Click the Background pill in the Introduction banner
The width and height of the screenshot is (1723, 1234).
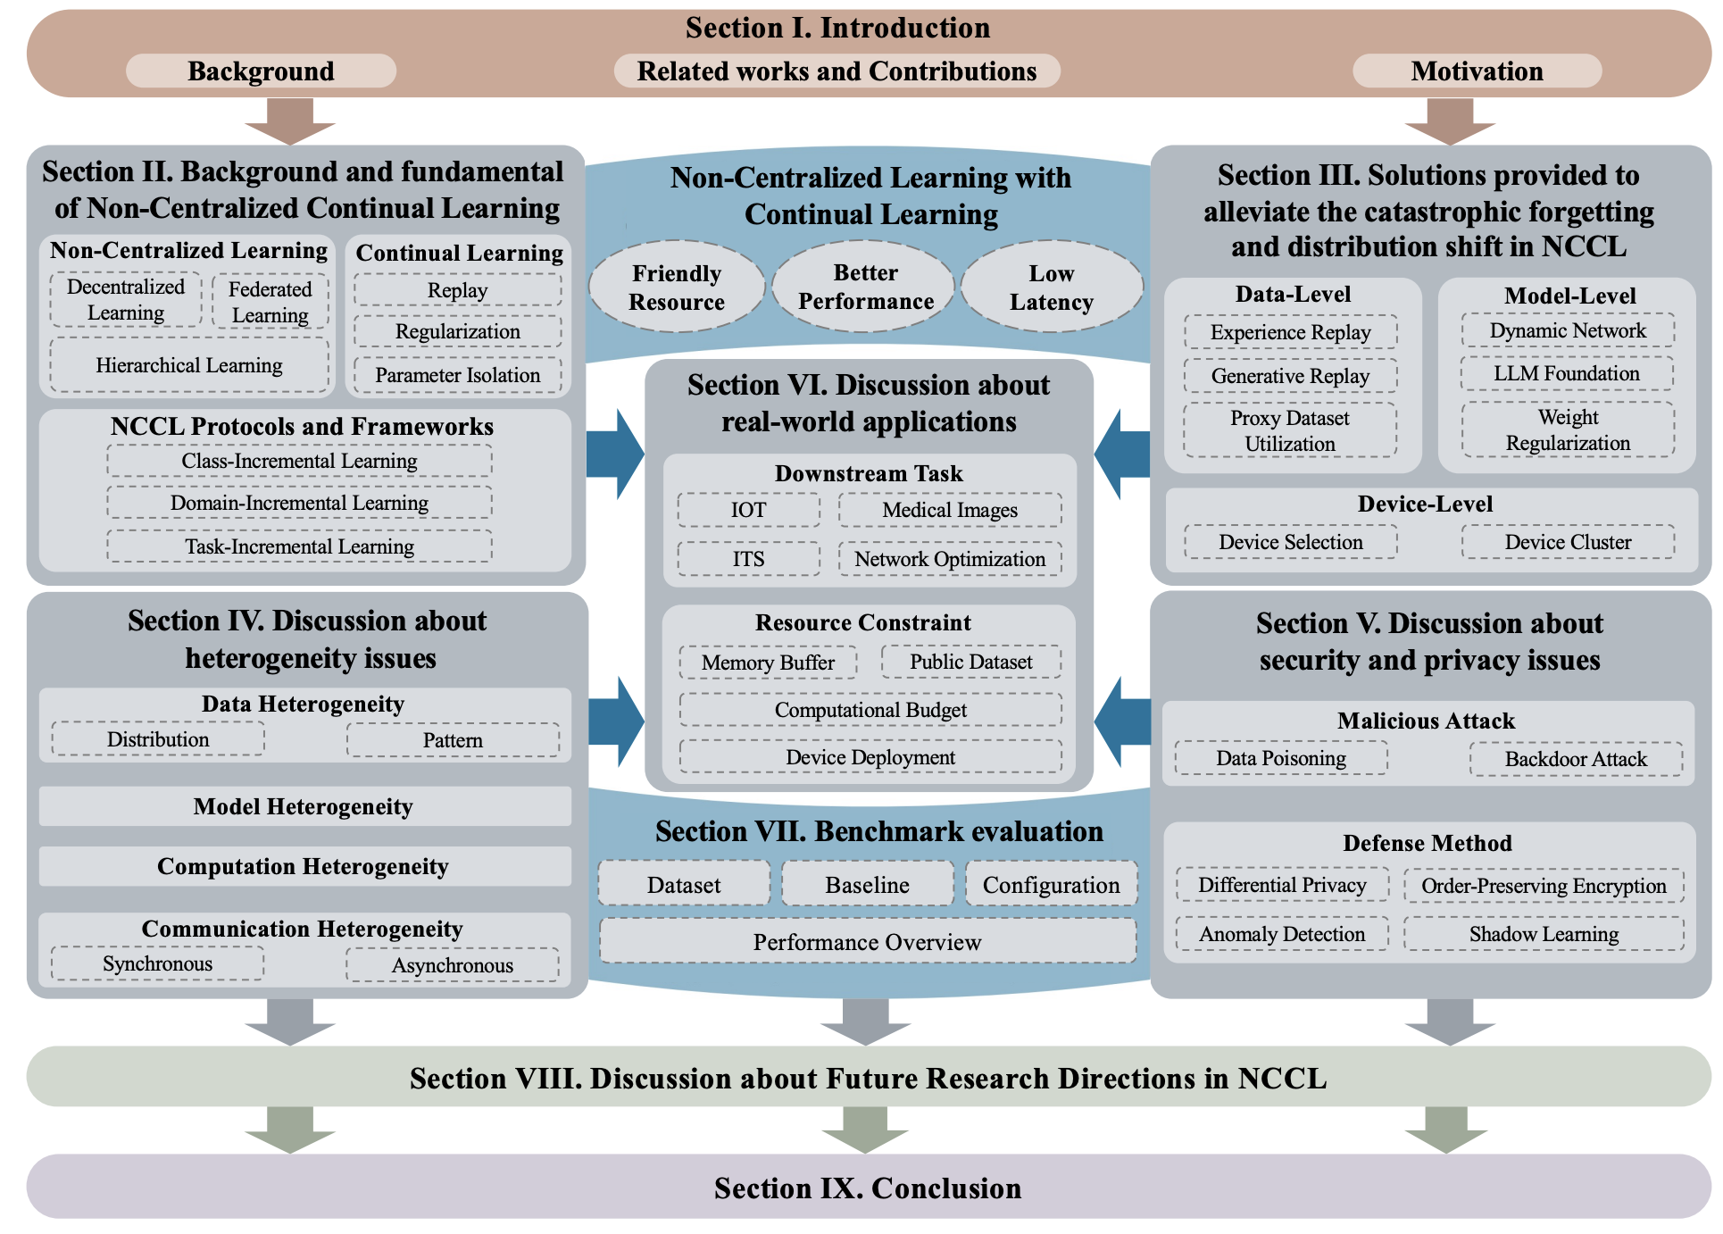(x=261, y=71)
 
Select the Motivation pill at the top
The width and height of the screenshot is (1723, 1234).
(x=1477, y=71)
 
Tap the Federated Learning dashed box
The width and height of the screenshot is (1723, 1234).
(x=270, y=302)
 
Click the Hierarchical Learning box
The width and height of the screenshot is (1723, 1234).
(x=189, y=365)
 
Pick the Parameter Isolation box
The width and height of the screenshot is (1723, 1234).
(x=457, y=375)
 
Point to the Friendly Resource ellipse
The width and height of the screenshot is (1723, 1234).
(x=677, y=288)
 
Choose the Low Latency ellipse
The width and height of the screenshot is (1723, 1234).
(x=1051, y=288)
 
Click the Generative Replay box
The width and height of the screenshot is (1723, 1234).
(x=1290, y=376)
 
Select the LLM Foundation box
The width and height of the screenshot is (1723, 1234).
(x=1567, y=373)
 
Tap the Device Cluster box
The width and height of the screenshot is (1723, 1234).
(x=1568, y=542)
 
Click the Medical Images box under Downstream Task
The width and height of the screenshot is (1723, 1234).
(x=950, y=510)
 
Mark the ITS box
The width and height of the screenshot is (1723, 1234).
(x=748, y=559)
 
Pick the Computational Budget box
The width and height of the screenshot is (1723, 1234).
(x=870, y=710)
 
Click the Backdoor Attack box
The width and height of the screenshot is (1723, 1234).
(x=1576, y=759)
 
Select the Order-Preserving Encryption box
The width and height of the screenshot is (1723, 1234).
(x=1544, y=886)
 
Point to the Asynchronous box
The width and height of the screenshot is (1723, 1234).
(x=453, y=965)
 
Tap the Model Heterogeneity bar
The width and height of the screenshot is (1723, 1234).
(x=304, y=807)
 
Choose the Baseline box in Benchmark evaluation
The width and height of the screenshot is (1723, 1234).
(x=867, y=885)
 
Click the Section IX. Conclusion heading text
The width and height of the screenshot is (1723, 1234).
(x=867, y=1188)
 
